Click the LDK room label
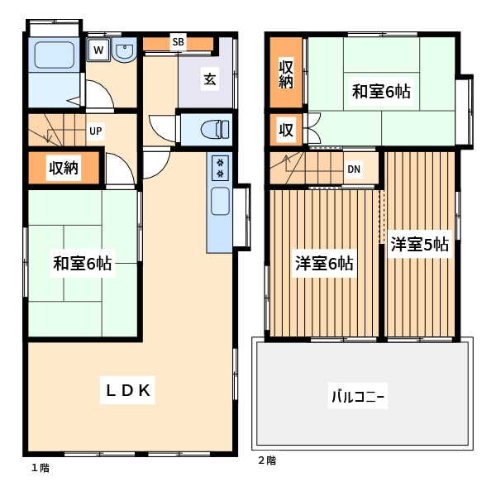click(x=128, y=390)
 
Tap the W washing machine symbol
click(x=98, y=50)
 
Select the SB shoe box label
click(x=178, y=42)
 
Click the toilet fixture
click(x=215, y=130)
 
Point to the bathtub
click(x=55, y=55)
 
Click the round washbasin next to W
click(x=125, y=50)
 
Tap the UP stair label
click(x=96, y=131)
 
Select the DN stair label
click(x=354, y=169)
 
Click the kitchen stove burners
click(x=220, y=168)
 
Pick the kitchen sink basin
click(x=220, y=201)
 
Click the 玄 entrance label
click(x=210, y=79)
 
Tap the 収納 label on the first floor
click(x=64, y=168)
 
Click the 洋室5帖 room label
click(x=420, y=244)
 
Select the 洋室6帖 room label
click(x=325, y=263)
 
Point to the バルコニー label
click(x=358, y=396)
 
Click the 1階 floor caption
click(x=41, y=468)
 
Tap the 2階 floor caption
click(x=267, y=460)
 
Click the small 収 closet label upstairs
click(x=286, y=130)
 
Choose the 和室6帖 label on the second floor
click(x=381, y=92)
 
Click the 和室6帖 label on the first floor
click(x=82, y=264)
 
